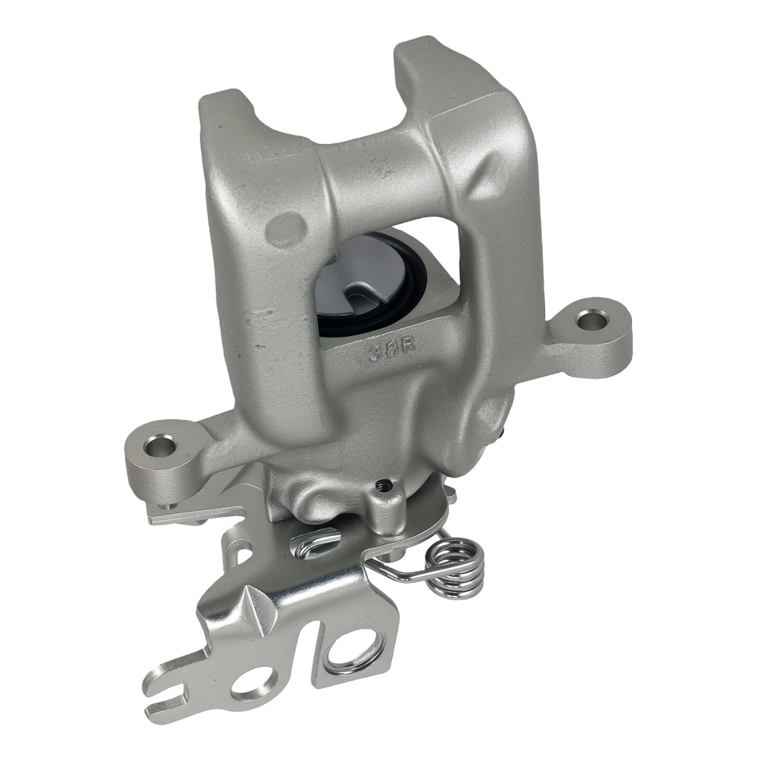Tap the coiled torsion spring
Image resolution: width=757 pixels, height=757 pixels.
click(x=456, y=565)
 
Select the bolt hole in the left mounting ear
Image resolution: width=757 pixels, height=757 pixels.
click(x=160, y=446)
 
